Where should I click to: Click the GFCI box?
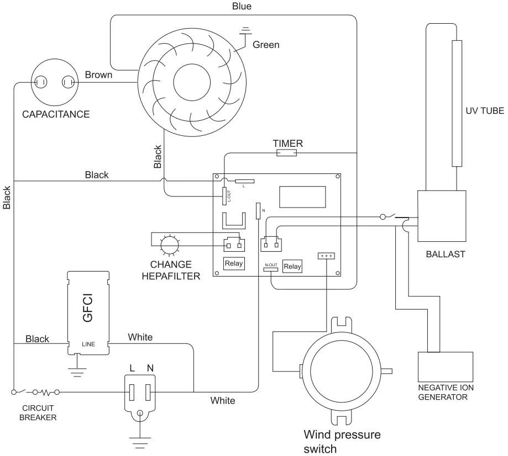[88, 311]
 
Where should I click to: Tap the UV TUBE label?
[484, 110]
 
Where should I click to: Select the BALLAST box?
[441, 216]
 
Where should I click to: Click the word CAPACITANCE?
[55, 115]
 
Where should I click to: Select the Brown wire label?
[98, 75]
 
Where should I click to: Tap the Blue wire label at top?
[241, 7]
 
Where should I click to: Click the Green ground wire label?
[266, 45]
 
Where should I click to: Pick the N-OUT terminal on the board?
[271, 265]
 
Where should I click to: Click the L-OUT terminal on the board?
[225, 195]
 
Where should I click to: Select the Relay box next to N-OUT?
[292, 266]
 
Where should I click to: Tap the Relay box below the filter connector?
[234, 263]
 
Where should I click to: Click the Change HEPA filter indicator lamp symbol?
[168, 243]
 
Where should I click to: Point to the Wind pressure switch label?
[342, 441]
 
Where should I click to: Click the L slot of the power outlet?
[132, 393]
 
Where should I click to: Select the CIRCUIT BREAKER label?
[38, 413]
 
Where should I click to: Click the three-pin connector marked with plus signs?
[326, 256]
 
